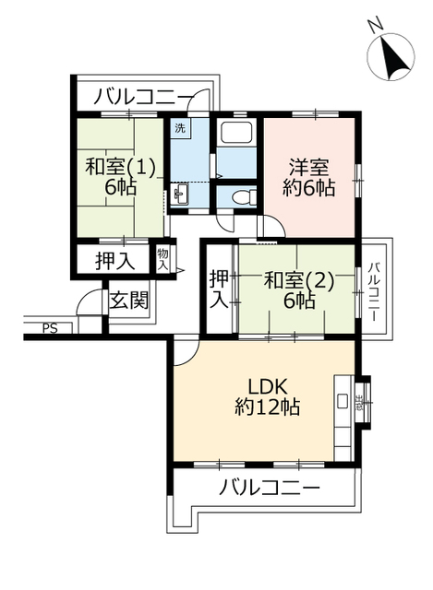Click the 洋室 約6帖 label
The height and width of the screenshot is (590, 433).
point(307,177)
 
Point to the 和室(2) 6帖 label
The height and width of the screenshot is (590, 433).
point(288,289)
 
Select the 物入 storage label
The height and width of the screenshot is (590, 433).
point(162,258)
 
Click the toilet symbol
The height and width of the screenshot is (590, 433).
point(239,196)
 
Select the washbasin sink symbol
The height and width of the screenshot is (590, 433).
point(181,194)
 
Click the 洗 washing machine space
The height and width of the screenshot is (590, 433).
point(180,128)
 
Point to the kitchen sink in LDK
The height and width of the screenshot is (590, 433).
point(343,401)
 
